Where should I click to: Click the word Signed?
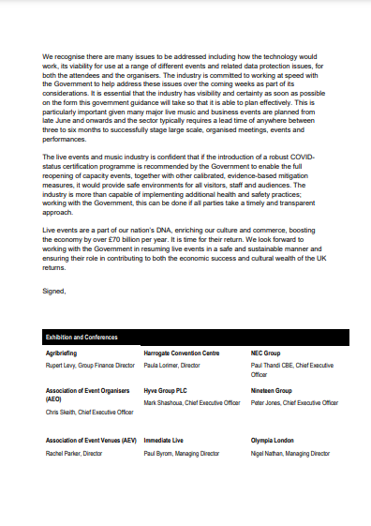coord(54,292)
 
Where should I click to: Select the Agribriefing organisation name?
coord(64,353)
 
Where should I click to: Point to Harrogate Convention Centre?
coord(182,353)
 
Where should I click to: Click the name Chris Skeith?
coord(64,412)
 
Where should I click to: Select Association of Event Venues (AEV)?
coord(91,440)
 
